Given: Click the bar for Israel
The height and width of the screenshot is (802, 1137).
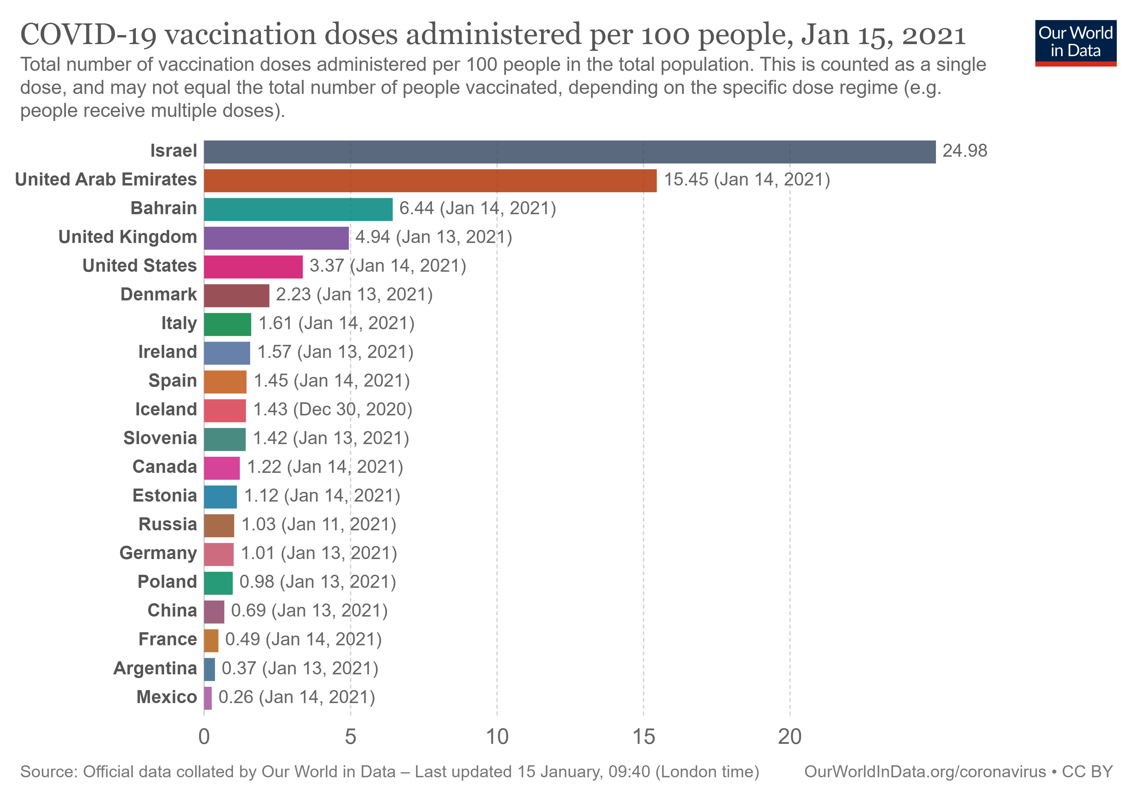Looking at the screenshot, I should (570, 152).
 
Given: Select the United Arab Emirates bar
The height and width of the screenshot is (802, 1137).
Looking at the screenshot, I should (430, 180).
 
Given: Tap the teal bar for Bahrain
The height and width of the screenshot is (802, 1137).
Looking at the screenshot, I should (298, 209).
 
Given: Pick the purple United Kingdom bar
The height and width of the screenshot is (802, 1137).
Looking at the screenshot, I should (276, 238).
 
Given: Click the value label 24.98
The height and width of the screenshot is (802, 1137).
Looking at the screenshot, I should (964, 151).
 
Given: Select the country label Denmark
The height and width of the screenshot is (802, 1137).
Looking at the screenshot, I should (159, 295).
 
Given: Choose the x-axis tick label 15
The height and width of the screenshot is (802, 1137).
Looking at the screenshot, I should (643, 737).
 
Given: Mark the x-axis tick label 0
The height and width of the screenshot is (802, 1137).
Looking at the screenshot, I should (204, 737).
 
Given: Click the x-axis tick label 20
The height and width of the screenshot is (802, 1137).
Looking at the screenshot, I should (789, 737).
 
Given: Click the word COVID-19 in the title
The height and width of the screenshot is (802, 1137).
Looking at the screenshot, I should (88, 35).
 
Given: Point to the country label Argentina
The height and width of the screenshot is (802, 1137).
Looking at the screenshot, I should (155, 668).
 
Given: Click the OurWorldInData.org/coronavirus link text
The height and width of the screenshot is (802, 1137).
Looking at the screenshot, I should (925, 772).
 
